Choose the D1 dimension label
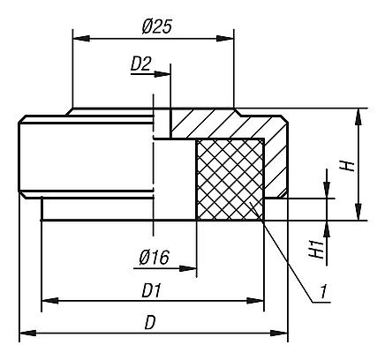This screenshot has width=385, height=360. [x=152, y=290]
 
